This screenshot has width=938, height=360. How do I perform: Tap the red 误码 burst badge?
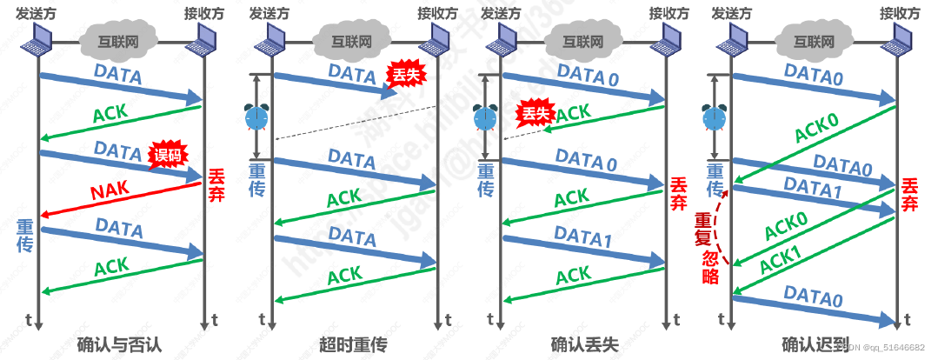169,155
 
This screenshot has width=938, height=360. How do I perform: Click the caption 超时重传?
352,344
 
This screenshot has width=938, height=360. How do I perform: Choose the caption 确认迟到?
815,344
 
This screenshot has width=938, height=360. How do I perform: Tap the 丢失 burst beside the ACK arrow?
535,113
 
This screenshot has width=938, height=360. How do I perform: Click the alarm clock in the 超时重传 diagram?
256,117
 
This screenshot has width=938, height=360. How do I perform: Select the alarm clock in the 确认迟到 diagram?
715,117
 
